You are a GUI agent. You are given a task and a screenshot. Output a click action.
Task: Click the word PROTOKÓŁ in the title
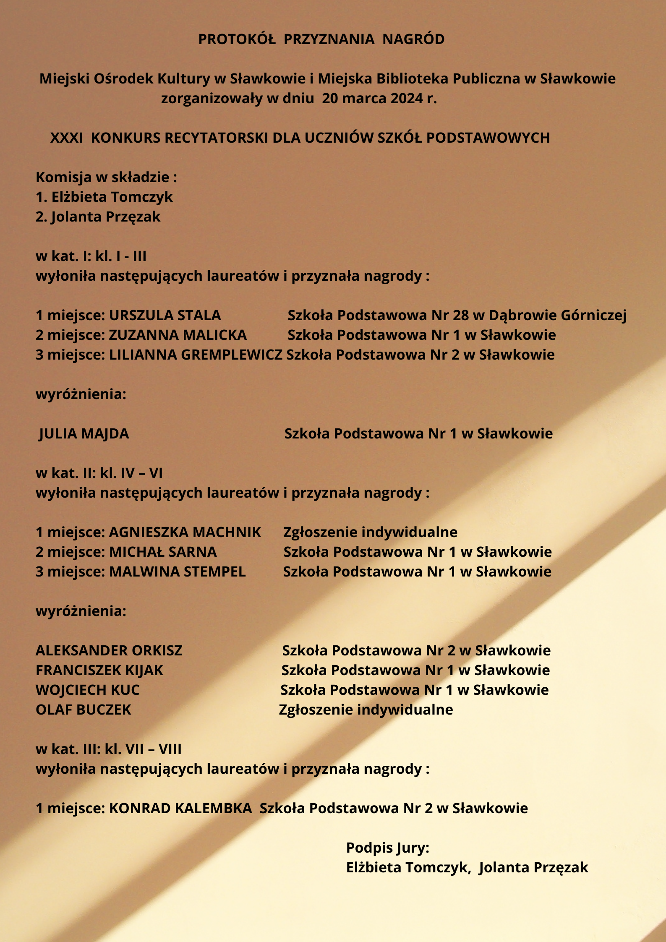pyautogui.click(x=237, y=39)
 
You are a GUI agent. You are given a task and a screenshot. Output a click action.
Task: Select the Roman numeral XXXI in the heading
pyautogui.click(x=67, y=138)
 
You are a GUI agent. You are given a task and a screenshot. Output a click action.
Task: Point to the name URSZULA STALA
pyautogui.click(x=165, y=315)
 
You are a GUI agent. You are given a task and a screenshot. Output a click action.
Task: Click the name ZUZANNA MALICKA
pyautogui.click(x=178, y=335)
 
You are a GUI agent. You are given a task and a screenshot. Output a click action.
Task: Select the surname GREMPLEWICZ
pyautogui.click(x=232, y=355)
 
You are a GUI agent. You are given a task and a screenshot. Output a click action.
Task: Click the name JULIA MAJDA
pyautogui.click(x=84, y=433)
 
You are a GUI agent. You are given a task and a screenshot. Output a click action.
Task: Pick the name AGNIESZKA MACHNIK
pyautogui.click(x=185, y=532)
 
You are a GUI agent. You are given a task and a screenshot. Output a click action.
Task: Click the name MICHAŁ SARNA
pyautogui.click(x=163, y=552)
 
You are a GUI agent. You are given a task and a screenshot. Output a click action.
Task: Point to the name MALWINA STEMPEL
pyautogui.click(x=178, y=571)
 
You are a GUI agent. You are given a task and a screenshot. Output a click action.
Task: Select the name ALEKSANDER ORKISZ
pyautogui.click(x=109, y=650)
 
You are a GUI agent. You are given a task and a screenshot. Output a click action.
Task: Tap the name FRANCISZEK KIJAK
pyautogui.click(x=99, y=670)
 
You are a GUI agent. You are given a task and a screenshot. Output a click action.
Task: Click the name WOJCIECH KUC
pyautogui.click(x=88, y=690)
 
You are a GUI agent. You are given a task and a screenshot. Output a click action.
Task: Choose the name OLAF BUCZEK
pyautogui.click(x=84, y=710)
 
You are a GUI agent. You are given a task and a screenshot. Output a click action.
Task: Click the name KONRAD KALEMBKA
pyautogui.click(x=180, y=808)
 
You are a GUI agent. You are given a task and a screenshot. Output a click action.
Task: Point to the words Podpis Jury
pyautogui.click(x=387, y=848)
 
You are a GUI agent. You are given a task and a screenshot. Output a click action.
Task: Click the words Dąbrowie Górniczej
pyautogui.click(x=558, y=315)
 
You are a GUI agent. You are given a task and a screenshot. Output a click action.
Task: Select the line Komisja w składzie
pyautogui.click(x=106, y=177)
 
